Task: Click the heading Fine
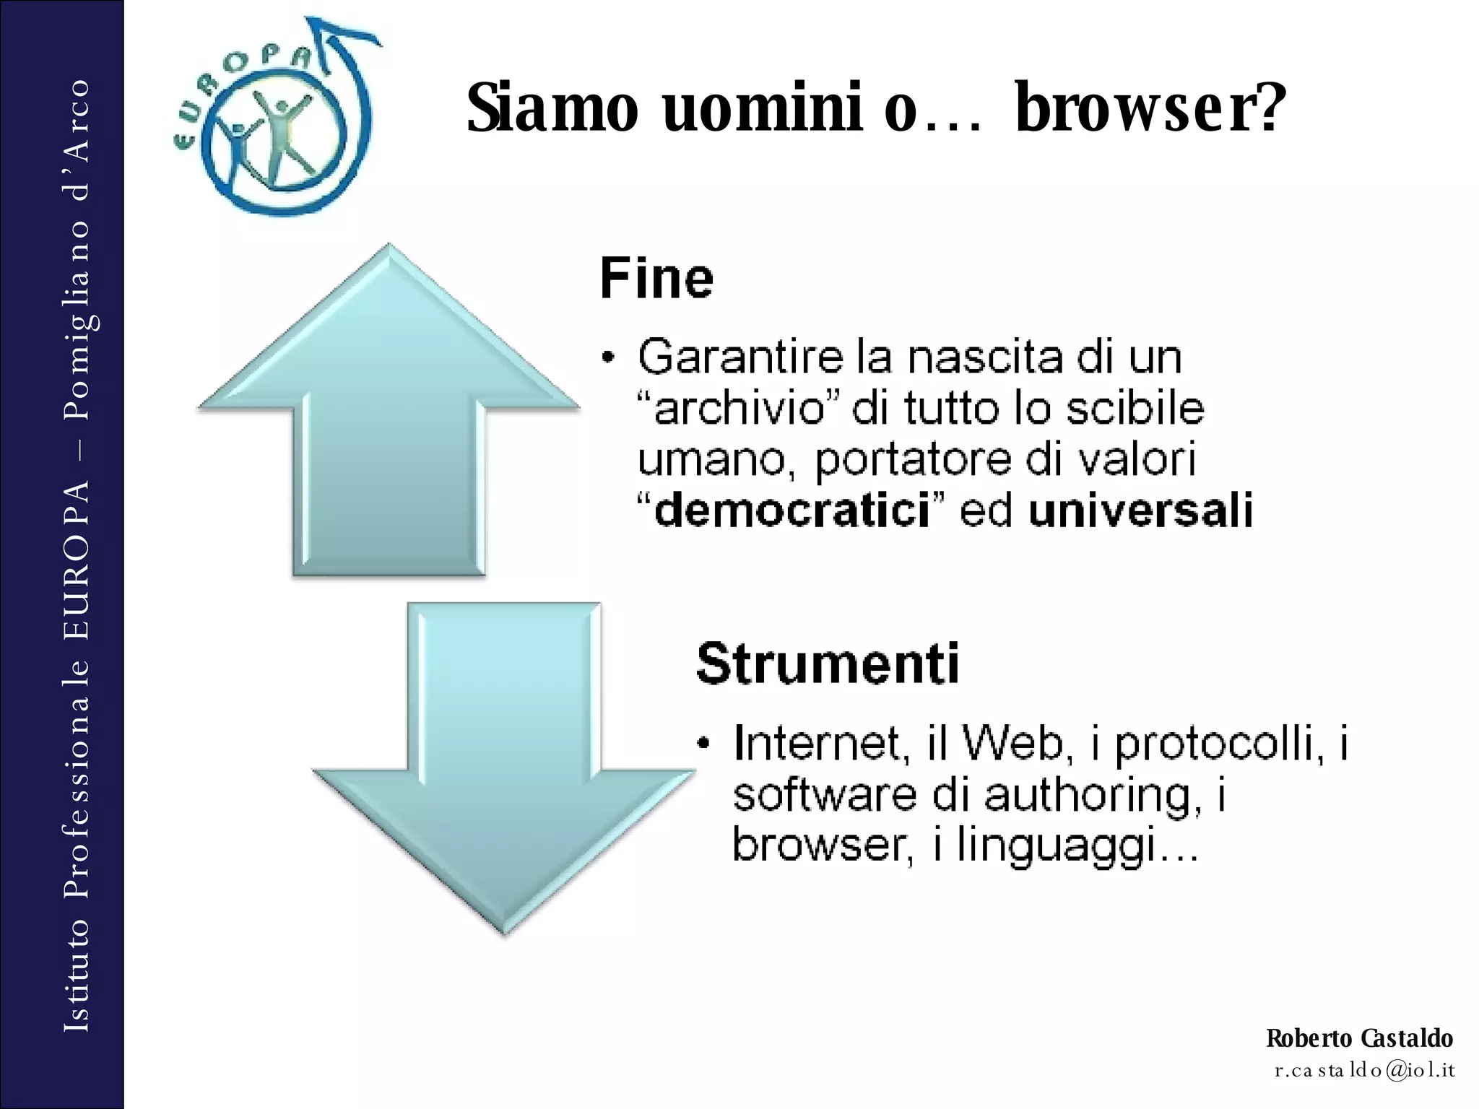coord(656,279)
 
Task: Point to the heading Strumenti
coord(828,663)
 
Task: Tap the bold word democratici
coord(791,511)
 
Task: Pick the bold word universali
coord(1141,511)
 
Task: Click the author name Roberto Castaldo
coord(1359,1038)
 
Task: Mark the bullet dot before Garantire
coord(610,357)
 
